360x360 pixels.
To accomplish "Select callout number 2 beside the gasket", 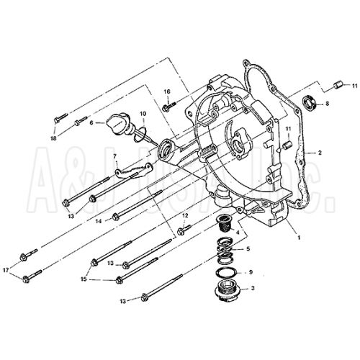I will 320,153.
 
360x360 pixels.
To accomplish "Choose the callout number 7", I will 115,156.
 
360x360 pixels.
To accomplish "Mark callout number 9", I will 251,272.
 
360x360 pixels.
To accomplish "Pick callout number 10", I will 143,114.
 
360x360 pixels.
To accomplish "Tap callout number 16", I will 166,91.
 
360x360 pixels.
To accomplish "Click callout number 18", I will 53,138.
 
